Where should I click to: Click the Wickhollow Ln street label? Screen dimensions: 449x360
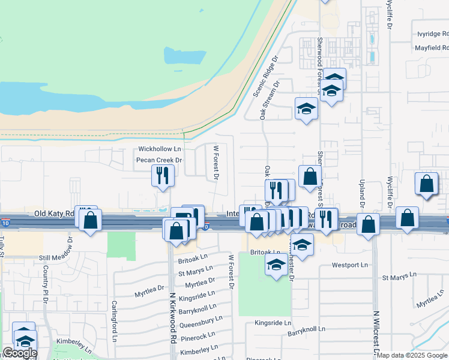pyautogui.click(x=159, y=148)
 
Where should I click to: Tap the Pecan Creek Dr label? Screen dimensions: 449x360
pyautogui.click(x=158, y=160)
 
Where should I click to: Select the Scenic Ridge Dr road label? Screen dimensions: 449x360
pyautogui.click(x=266, y=77)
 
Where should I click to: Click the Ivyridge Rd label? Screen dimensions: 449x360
pyautogui.click(x=432, y=34)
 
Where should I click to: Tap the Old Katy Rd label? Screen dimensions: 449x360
pyautogui.click(x=54, y=213)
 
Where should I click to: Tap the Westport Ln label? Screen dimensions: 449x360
pyautogui.click(x=349, y=265)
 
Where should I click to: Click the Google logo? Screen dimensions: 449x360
pyautogui.click(x=19, y=353)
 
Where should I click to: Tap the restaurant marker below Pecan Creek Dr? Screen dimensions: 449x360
pyautogui.click(x=162, y=176)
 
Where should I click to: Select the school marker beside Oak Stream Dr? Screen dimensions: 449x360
pyautogui.click(x=306, y=109)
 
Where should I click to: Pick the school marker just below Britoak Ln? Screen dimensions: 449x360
pyautogui.click(x=276, y=265)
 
